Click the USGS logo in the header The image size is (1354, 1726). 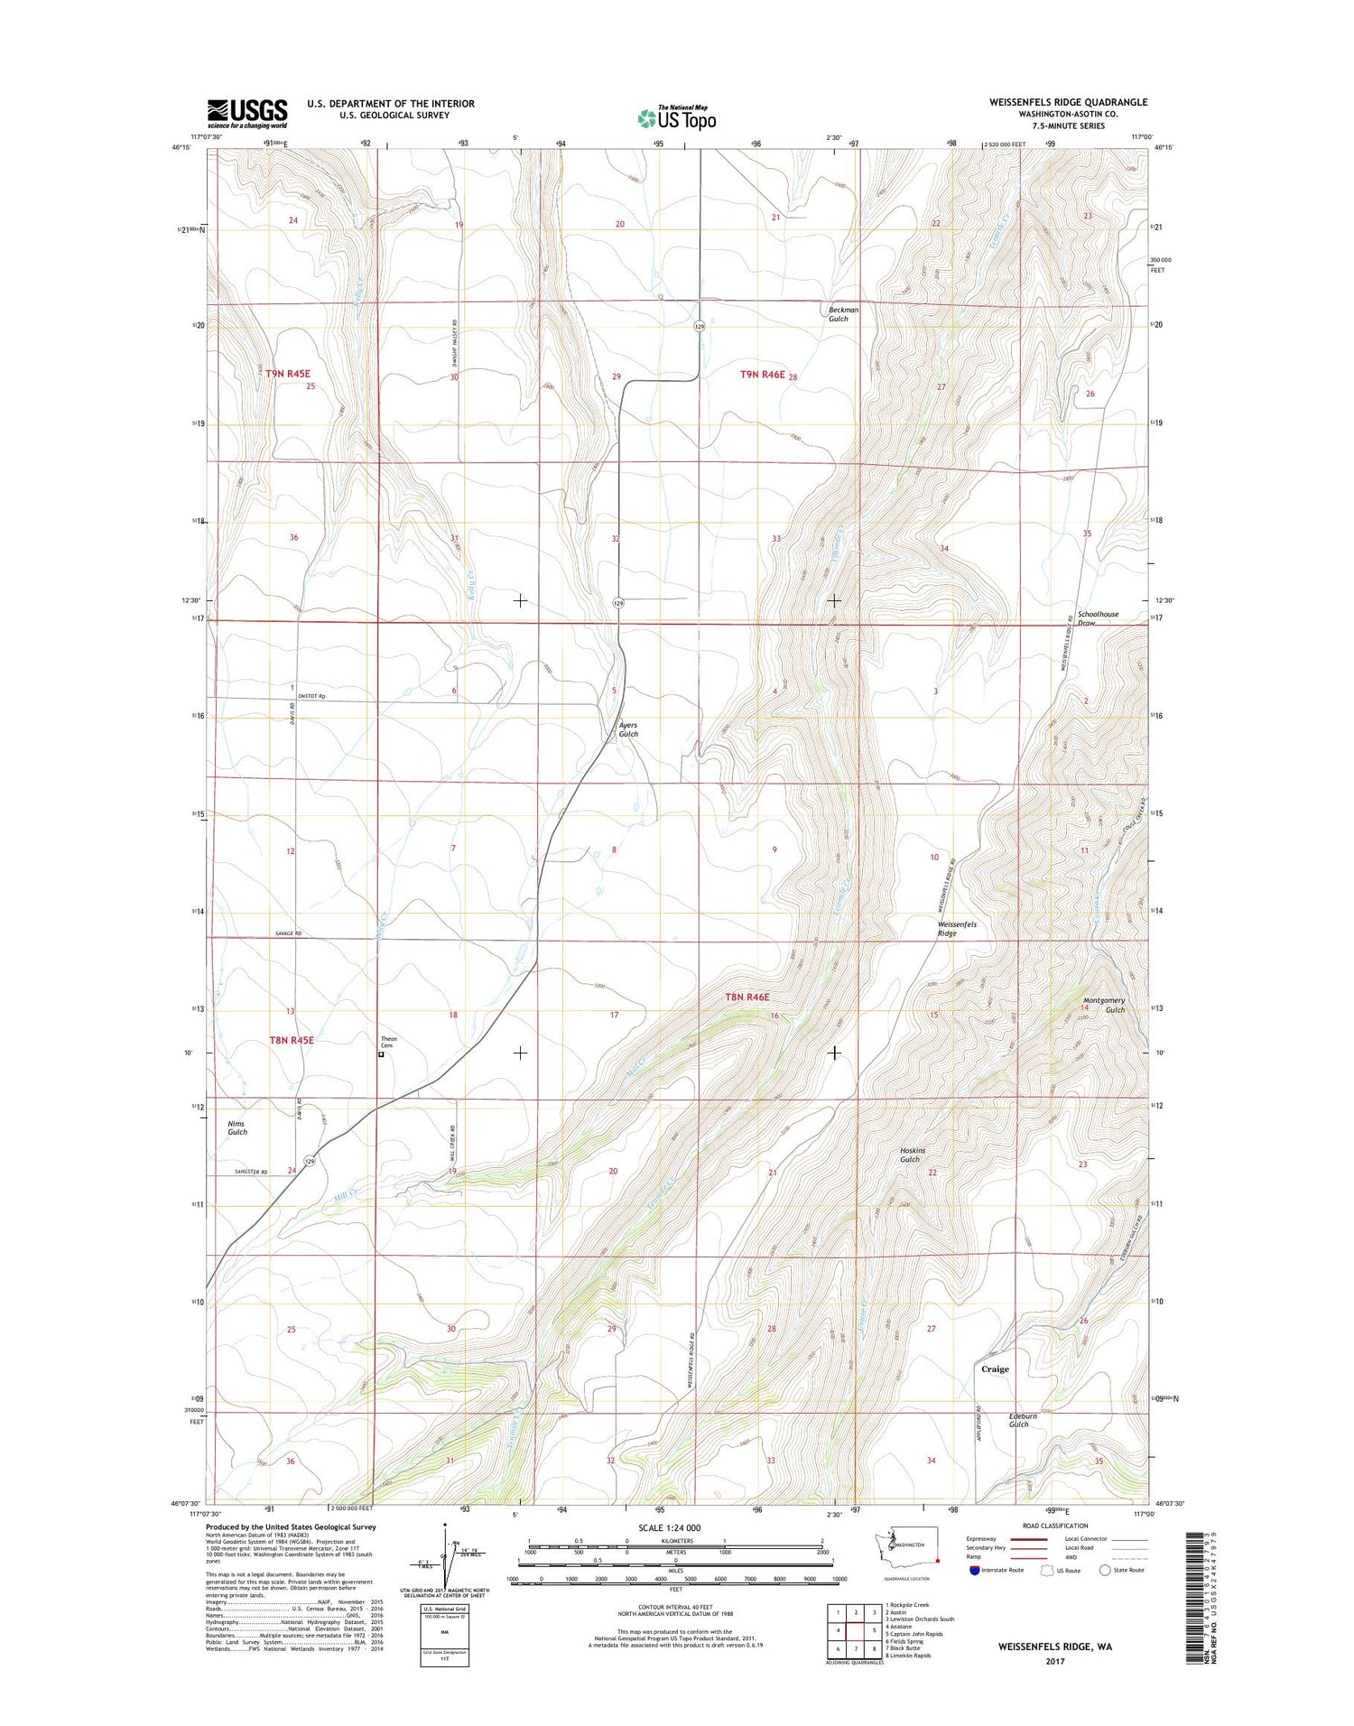click(x=247, y=113)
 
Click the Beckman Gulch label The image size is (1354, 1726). click(x=843, y=313)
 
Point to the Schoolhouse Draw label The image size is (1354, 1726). click(x=1098, y=618)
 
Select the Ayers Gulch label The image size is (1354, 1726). click(x=628, y=729)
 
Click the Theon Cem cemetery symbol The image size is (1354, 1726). click(x=381, y=1053)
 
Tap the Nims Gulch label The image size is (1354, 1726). click(x=236, y=1127)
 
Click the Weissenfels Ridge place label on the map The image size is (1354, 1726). click(x=958, y=929)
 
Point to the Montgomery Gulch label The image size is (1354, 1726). click(x=1104, y=1005)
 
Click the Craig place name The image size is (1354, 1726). click(x=995, y=1369)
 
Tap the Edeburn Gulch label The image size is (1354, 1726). click(x=1023, y=1420)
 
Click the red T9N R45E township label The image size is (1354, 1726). click(x=288, y=373)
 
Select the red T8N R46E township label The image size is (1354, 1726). click(x=747, y=997)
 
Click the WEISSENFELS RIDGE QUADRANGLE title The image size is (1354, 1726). click(x=1068, y=102)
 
